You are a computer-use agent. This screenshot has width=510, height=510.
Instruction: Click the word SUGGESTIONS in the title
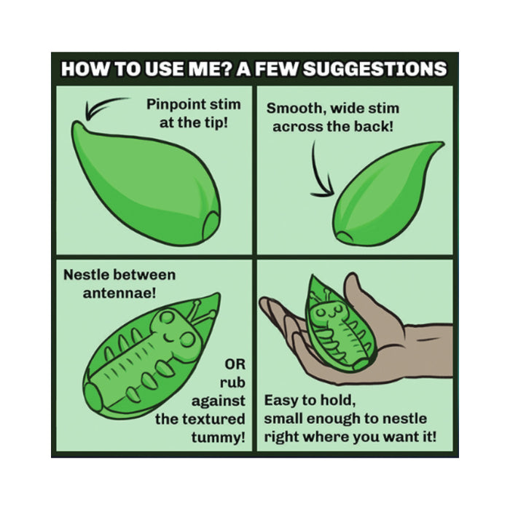click(x=375, y=69)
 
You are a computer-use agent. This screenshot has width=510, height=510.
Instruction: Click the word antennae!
click(x=119, y=294)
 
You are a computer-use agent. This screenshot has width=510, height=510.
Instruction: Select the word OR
click(x=235, y=364)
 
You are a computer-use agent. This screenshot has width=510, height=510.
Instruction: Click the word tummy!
click(x=219, y=437)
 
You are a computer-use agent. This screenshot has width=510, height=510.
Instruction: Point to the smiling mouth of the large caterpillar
click(x=170, y=338)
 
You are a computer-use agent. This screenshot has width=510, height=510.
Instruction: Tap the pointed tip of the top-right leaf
click(x=442, y=144)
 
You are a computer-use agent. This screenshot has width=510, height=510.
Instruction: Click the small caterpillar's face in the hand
click(x=328, y=312)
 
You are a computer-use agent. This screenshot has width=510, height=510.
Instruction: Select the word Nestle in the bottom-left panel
click(x=85, y=275)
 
